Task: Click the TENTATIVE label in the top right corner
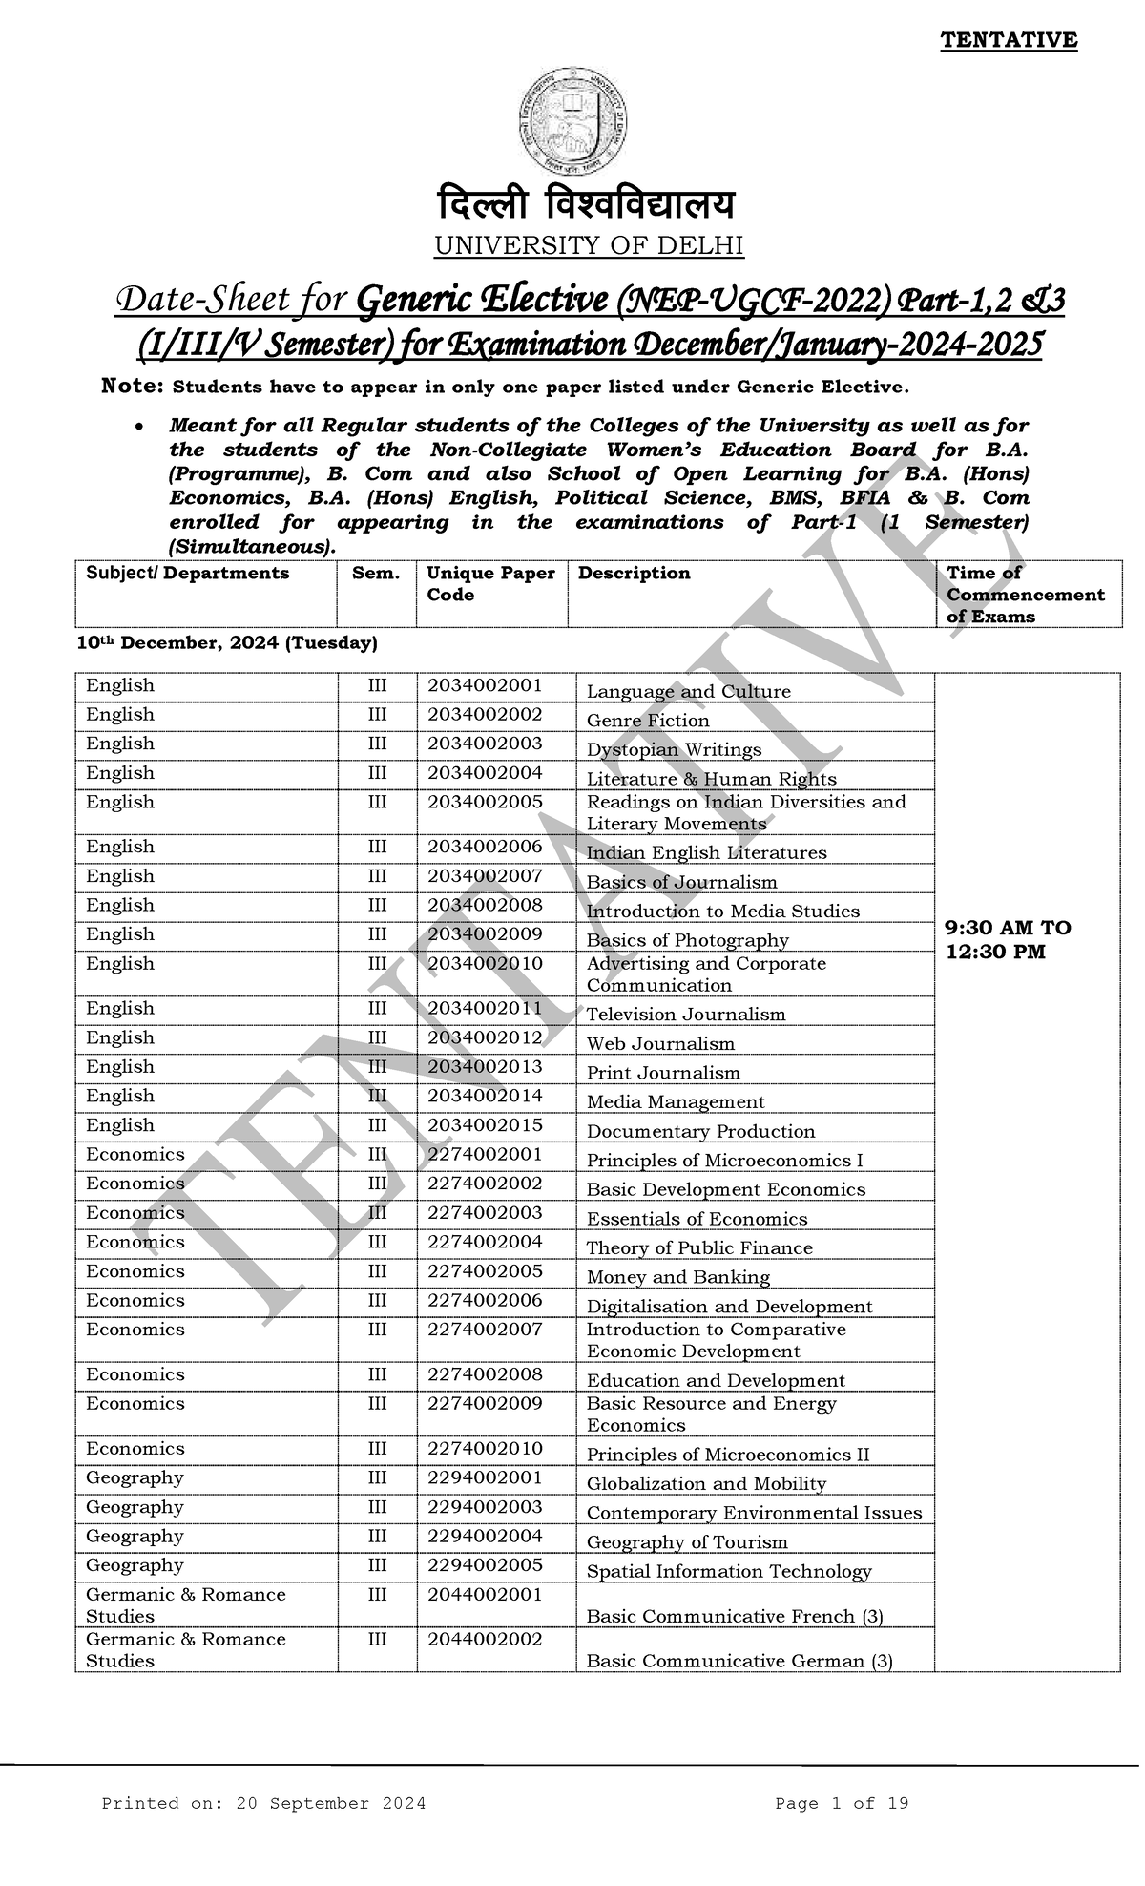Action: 1009,40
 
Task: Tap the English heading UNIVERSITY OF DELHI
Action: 589,246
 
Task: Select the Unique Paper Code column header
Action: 490,583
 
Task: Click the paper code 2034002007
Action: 485,875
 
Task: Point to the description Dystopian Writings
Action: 674,749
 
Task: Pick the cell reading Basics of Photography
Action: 687,940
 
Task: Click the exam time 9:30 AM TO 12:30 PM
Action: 1008,939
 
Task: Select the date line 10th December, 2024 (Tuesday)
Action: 227,643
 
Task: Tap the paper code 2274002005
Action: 485,1270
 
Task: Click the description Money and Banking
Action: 677,1277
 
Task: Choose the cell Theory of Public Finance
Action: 699,1247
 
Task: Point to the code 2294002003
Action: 485,1506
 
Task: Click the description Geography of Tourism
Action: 687,1541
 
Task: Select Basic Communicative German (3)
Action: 739,1661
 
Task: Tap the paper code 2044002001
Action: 485,1594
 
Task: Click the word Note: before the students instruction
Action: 133,387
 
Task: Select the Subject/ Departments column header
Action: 187,573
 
